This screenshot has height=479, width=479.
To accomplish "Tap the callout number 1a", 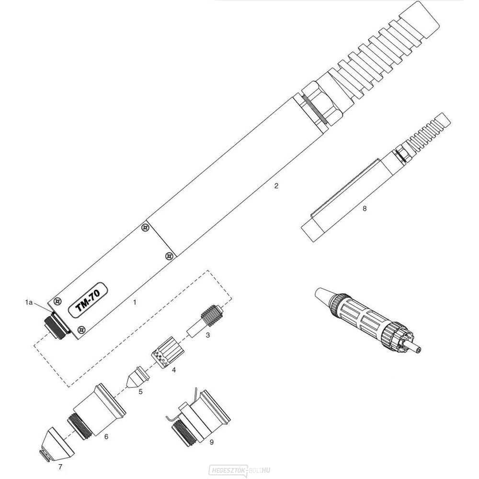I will pyautogui.click(x=29, y=302).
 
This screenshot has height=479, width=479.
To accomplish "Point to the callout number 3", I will pyautogui.click(x=207, y=335).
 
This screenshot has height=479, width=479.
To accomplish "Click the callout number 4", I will pyautogui.click(x=174, y=370).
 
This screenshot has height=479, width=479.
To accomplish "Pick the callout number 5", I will pyautogui.click(x=140, y=391).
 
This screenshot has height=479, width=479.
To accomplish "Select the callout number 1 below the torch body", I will pyautogui.click(x=135, y=303).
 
